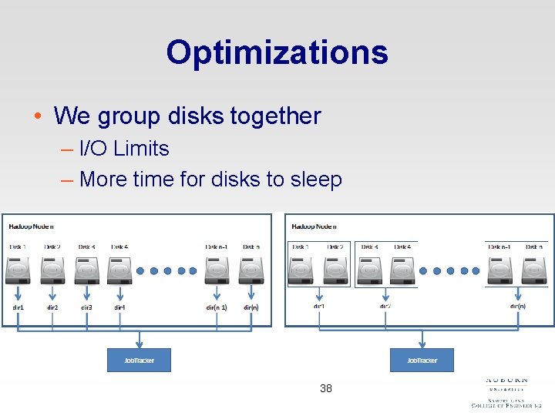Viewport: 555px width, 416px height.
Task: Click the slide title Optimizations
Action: [277, 52]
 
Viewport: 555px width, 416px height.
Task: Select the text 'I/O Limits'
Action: [124, 148]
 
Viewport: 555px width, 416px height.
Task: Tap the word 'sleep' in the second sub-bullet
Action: [315, 179]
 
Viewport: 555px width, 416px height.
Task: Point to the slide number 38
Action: [326, 389]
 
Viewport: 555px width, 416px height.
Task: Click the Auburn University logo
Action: [506, 392]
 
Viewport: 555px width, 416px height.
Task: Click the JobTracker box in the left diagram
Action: [139, 360]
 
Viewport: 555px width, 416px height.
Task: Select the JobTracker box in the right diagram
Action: [422, 360]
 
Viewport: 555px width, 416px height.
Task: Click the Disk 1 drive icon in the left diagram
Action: [18, 270]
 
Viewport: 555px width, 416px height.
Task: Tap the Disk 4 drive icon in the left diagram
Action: [119, 270]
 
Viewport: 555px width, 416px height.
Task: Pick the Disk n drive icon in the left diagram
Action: [251, 270]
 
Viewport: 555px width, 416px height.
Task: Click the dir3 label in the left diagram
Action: [86, 307]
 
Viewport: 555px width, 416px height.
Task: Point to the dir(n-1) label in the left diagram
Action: [216, 307]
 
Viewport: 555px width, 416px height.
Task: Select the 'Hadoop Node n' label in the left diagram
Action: [31, 226]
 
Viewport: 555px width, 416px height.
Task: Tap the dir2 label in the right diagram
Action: [385, 306]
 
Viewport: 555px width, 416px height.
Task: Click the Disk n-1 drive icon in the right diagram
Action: [499, 270]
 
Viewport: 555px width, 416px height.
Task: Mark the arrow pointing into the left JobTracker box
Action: [139, 340]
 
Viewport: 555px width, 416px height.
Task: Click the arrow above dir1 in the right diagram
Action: [318, 295]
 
